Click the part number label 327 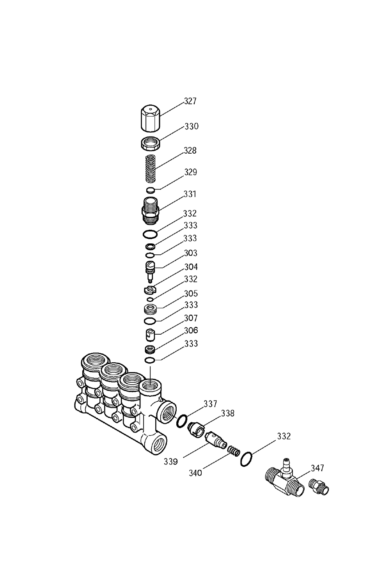[190, 101]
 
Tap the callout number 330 [191, 126]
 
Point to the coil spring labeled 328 [150, 168]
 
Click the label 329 [190, 172]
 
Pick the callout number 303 [190, 253]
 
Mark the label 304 [191, 267]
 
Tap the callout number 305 [191, 294]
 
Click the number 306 [191, 330]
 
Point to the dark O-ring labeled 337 [182, 420]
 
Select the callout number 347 [317, 468]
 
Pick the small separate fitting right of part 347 [319, 486]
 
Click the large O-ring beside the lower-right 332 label [246, 459]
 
